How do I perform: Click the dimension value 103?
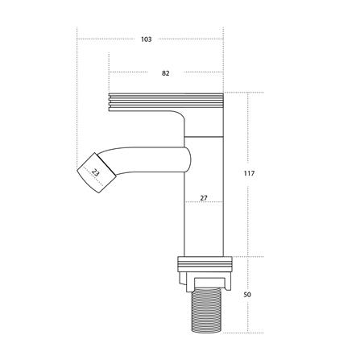tap(147, 39)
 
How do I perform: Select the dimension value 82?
tap(166, 73)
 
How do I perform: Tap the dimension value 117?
tap(249, 173)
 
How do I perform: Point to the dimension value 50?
tap(247, 295)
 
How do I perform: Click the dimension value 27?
tap(204, 198)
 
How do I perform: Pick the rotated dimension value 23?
tap(95, 172)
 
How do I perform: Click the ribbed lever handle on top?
tap(166, 102)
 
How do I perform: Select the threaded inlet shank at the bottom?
tap(207, 312)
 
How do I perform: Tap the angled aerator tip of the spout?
tap(97, 173)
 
